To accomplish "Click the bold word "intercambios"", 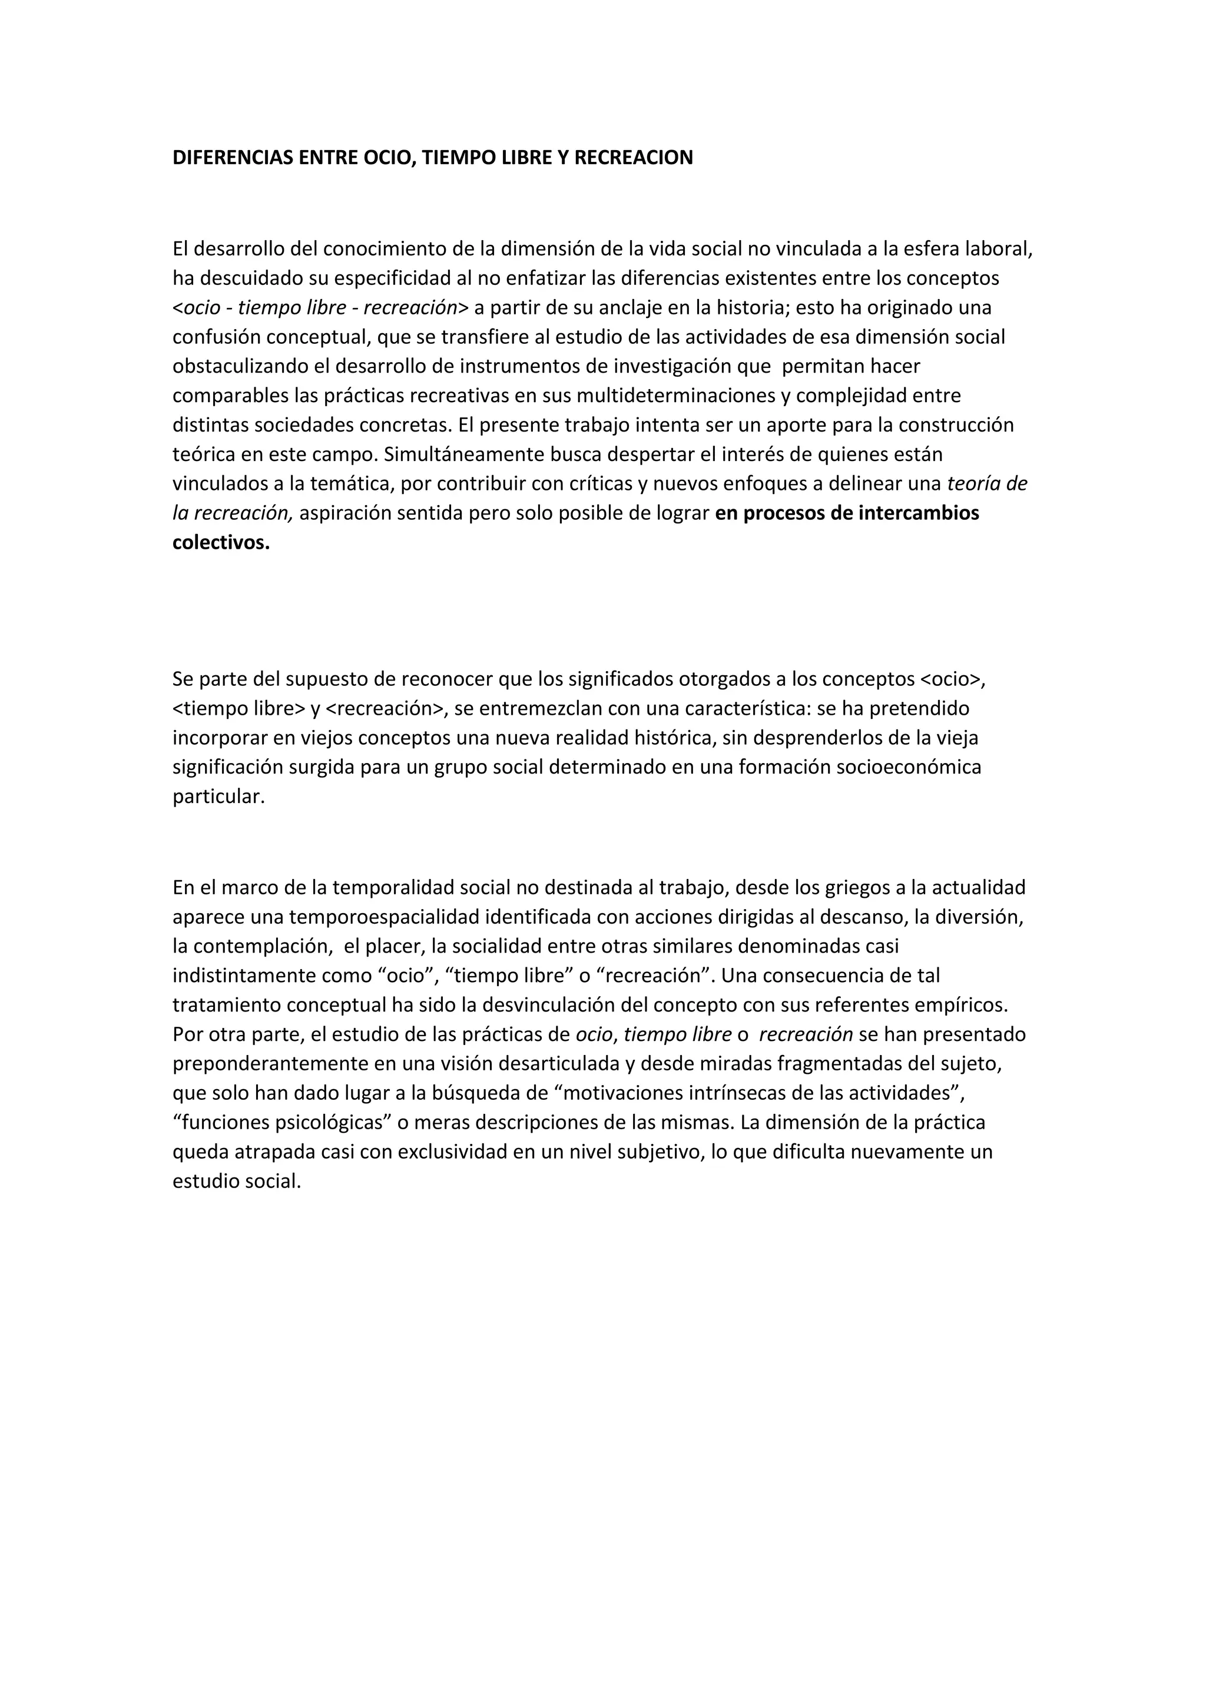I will tap(910, 513).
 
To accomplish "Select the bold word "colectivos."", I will tap(221, 543).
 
